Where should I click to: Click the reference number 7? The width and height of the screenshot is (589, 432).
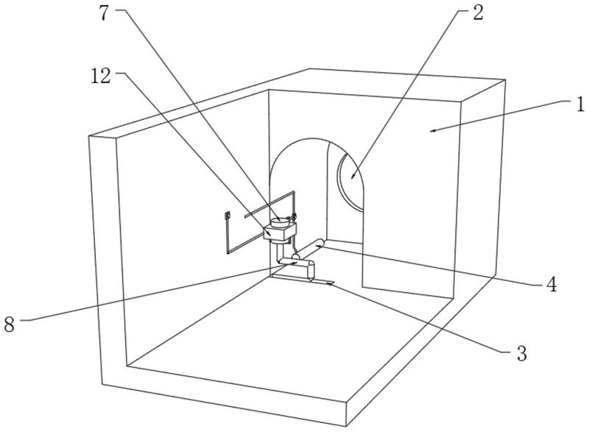coord(105,13)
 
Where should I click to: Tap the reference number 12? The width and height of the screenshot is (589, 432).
coord(101,77)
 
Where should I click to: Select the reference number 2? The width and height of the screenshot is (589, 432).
coord(477,13)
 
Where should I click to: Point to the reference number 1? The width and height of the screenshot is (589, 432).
coord(581,105)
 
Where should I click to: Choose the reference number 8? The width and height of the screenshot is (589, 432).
coord(10,324)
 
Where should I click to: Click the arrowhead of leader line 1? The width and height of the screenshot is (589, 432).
coord(433,130)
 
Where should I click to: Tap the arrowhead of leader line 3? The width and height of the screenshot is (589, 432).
coord(328,284)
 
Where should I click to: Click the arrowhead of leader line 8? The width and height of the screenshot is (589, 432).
coord(294,263)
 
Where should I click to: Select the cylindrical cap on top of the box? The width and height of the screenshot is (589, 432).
coord(280,222)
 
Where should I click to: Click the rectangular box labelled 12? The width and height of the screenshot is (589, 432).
coord(280,233)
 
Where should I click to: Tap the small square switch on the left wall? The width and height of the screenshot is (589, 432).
coord(227,216)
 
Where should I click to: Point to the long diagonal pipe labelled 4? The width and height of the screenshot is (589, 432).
coord(307,249)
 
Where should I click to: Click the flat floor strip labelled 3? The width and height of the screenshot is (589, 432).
coord(303,279)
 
